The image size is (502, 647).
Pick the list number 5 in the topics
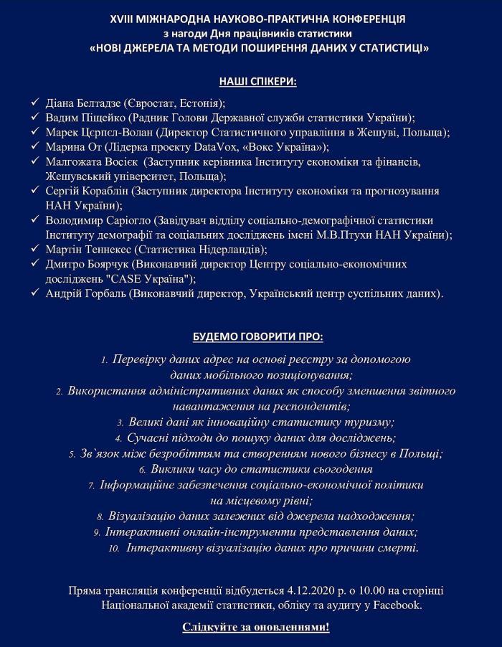click(72, 454)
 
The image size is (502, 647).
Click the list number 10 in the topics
click(113, 548)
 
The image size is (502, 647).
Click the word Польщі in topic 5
click(422, 453)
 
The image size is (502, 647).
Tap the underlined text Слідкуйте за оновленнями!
click(256, 628)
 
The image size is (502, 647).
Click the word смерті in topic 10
click(398, 547)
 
